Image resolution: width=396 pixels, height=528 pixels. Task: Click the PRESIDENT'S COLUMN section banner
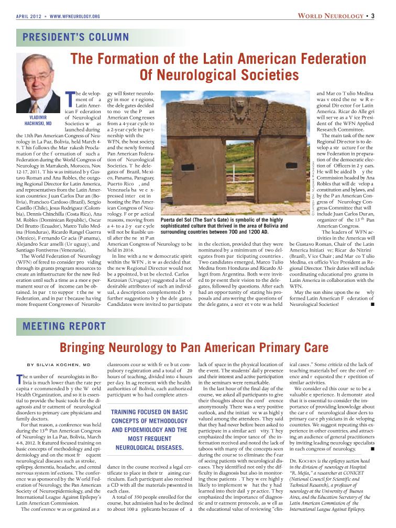(73, 37)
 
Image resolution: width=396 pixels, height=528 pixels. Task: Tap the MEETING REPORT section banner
(62, 327)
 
